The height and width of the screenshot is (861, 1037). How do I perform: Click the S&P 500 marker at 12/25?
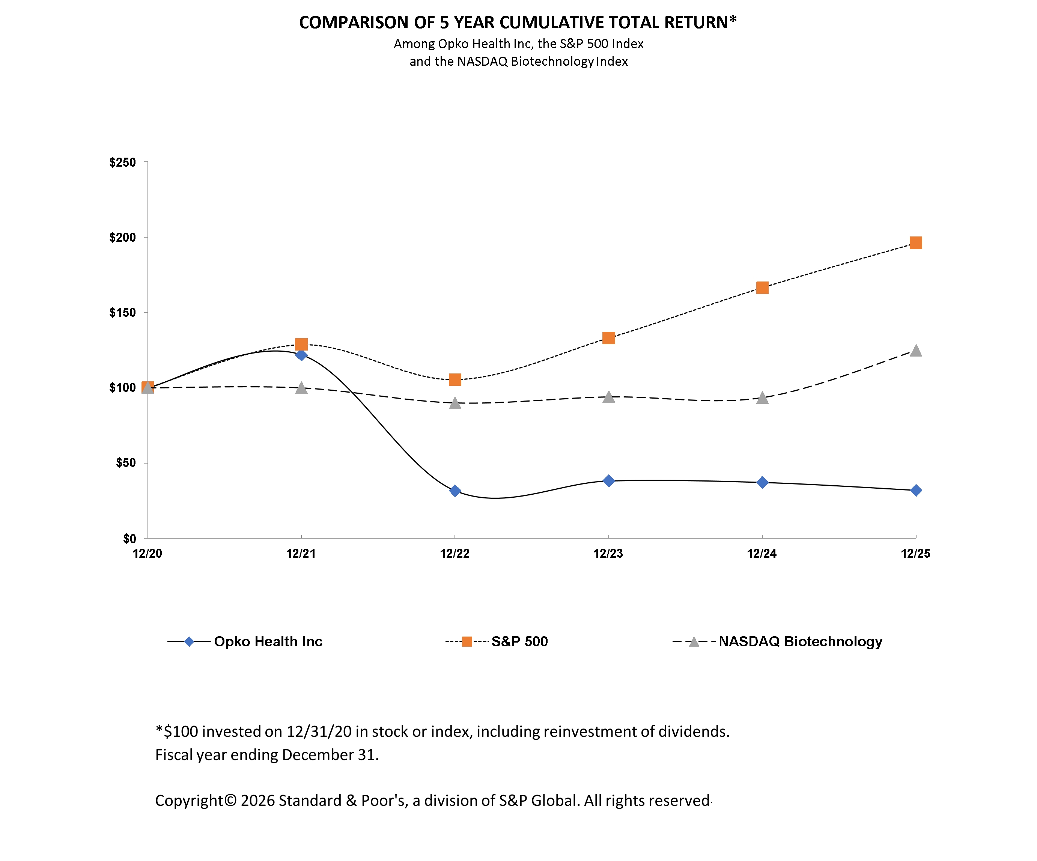point(915,243)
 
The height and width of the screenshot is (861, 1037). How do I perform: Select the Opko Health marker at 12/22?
point(455,491)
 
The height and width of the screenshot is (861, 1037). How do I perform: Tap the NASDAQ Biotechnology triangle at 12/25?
point(915,351)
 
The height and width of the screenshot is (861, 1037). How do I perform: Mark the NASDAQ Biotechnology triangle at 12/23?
point(608,397)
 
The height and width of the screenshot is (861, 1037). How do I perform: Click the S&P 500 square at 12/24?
point(762,288)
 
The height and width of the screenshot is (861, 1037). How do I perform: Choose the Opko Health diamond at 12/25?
point(915,490)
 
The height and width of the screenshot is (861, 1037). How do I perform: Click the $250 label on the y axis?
point(122,163)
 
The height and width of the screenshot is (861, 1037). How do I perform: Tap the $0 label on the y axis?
point(129,539)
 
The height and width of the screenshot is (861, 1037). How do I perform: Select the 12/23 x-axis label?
point(608,554)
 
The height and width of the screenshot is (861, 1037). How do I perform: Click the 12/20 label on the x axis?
point(147,554)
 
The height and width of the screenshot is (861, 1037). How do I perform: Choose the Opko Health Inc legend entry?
point(268,642)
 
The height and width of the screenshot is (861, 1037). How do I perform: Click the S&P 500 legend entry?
point(519,642)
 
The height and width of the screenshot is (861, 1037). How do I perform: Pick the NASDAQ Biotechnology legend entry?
point(800,642)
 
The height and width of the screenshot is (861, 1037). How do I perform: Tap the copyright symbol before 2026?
point(230,800)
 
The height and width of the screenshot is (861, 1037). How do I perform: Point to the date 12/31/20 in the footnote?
point(319,732)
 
